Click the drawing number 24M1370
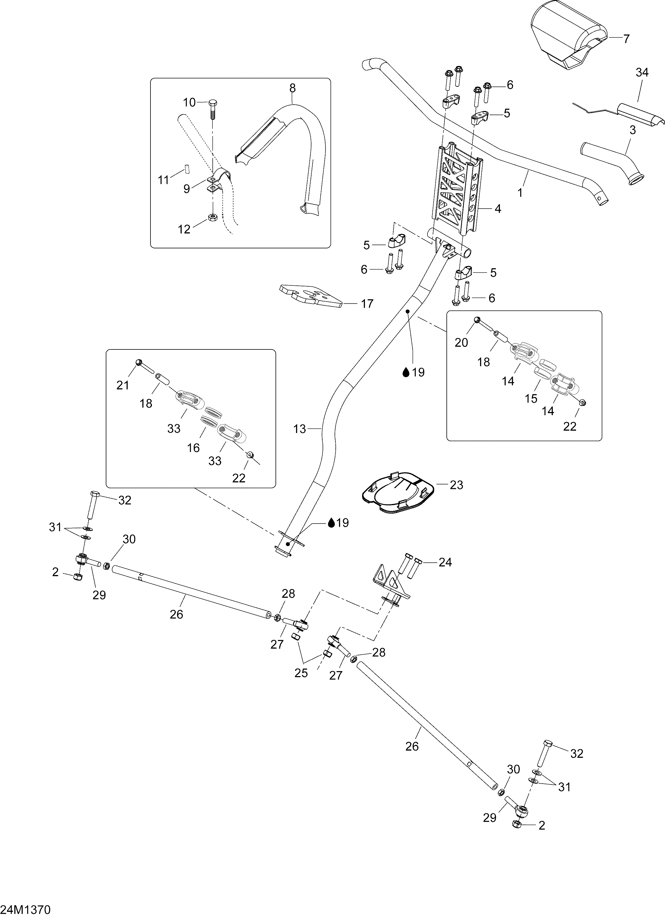tap(25, 910)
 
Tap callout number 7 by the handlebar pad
tap(626, 39)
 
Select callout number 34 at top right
tap(642, 73)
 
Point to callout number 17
tap(367, 304)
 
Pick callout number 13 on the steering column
tap(299, 429)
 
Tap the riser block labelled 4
tap(459, 190)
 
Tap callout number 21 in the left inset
tap(123, 385)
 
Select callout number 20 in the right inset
tap(461, 343)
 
